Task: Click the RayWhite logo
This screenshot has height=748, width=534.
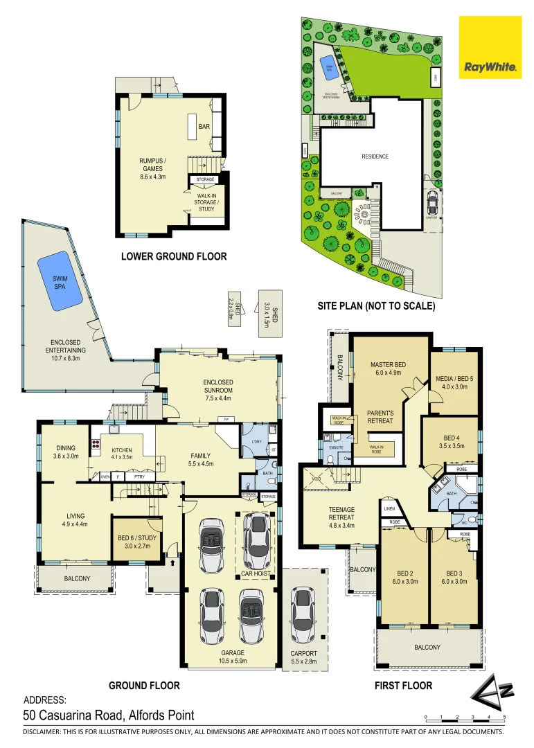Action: pos(490,48)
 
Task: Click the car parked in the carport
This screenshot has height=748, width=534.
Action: pos(303,614)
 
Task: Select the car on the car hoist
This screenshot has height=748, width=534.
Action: pos(258,542)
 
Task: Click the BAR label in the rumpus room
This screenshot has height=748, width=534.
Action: pos(204,127)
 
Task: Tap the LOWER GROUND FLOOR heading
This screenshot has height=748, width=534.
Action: pos(174,256)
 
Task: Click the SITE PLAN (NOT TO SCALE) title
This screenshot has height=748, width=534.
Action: pos(376,305)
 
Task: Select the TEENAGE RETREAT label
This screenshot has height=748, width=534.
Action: pos(341,512)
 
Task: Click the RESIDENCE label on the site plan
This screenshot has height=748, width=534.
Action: pos(375,157)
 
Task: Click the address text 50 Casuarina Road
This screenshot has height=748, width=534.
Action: pos(109,715)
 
